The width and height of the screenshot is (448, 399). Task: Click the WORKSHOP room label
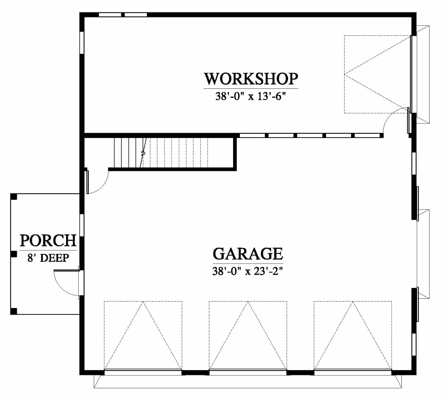point(251,79)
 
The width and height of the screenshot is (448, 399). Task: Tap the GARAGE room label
point(248,254)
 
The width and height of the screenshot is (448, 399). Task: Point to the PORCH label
point(48,241)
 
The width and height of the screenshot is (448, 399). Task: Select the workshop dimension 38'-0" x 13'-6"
point(250,97)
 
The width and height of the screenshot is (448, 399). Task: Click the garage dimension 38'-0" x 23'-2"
point(248,271)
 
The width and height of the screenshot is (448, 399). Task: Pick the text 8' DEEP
point(48,258)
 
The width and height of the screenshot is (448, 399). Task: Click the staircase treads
point(161,153)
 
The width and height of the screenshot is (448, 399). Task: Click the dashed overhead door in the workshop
point(377,74)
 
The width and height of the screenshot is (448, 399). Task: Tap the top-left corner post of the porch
point(14,197)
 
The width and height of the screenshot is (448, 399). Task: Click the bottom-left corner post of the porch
point(14,311)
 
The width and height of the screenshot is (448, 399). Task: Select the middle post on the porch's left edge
point(14,254)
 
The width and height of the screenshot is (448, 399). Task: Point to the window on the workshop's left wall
point(82,43)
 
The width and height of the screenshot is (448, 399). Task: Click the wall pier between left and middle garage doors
point(195,372)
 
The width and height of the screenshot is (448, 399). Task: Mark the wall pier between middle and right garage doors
point(300,372)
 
